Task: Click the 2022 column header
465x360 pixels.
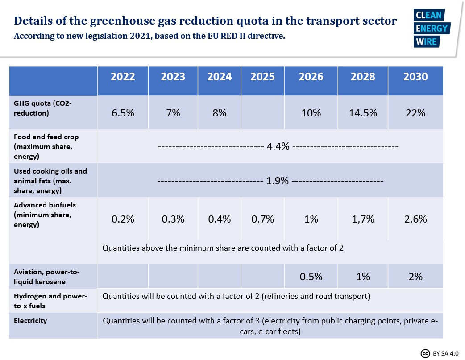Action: pyautogui.click(x=123, y=77)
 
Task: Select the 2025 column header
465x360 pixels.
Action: pyautogui.click(x=262, y=77)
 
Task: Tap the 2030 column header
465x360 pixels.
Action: pyautogui.click(x=415, y=77)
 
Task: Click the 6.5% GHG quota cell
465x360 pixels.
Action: pyautogui.click(x=123, y=113)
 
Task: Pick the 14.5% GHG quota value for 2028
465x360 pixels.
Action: pyautogui.click(x=363, y=113)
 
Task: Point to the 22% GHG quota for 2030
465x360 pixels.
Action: pyautogui.click(x=415, y=113)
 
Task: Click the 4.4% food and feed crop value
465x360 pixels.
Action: pyautogui.click(x=278, y=146)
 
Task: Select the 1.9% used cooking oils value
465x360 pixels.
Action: pyautogui.click(x=278, y=181)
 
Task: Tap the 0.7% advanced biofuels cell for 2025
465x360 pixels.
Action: pyautogui.click(x=262, y=219)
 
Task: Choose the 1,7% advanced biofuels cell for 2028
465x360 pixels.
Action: pyautogui.click(x=363, y=219)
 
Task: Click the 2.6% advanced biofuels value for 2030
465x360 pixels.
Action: pyautogui.click(x=415, y=219)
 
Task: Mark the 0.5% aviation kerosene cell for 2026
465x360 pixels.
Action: pyautogui.click(x=311, y=276)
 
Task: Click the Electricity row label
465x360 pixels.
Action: pyautogui.click(x=30, y=321)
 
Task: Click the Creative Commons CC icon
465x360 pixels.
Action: pyautogui.click(x=425, y=354)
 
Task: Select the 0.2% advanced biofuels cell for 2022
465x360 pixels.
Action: pyautogui.click(x=123, y=219)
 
